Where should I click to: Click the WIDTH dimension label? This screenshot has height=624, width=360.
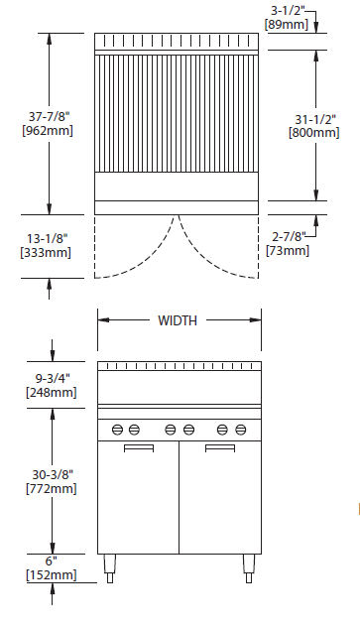[178, 320]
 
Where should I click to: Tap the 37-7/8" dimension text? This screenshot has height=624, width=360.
[49, 117]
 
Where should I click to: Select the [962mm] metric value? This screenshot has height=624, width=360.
[48, 131]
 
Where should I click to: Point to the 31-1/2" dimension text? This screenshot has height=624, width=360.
[315, 119]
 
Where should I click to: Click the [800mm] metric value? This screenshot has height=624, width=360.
[314, 133]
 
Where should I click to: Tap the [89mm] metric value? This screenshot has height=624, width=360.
[287, 24]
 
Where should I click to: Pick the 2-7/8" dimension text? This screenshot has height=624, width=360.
[289, 237]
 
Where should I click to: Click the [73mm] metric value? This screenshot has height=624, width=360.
[288, 251]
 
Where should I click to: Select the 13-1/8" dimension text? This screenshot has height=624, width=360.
[48, 238]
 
